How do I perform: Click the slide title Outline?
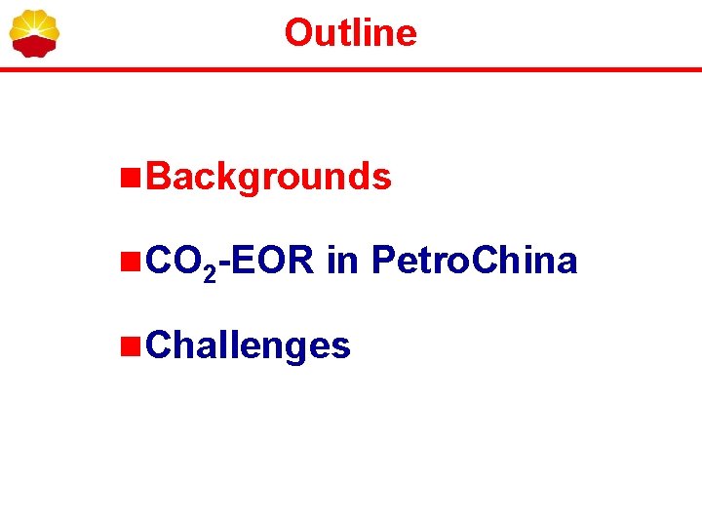click(350, 33)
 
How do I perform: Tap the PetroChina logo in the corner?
click(34, 33)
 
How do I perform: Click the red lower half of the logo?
click(34, 46)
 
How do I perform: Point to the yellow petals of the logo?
click(34, 22)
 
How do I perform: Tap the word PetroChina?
click(475, 261)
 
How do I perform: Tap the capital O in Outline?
click(297, 33)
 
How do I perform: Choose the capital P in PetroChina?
click(384, 261)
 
